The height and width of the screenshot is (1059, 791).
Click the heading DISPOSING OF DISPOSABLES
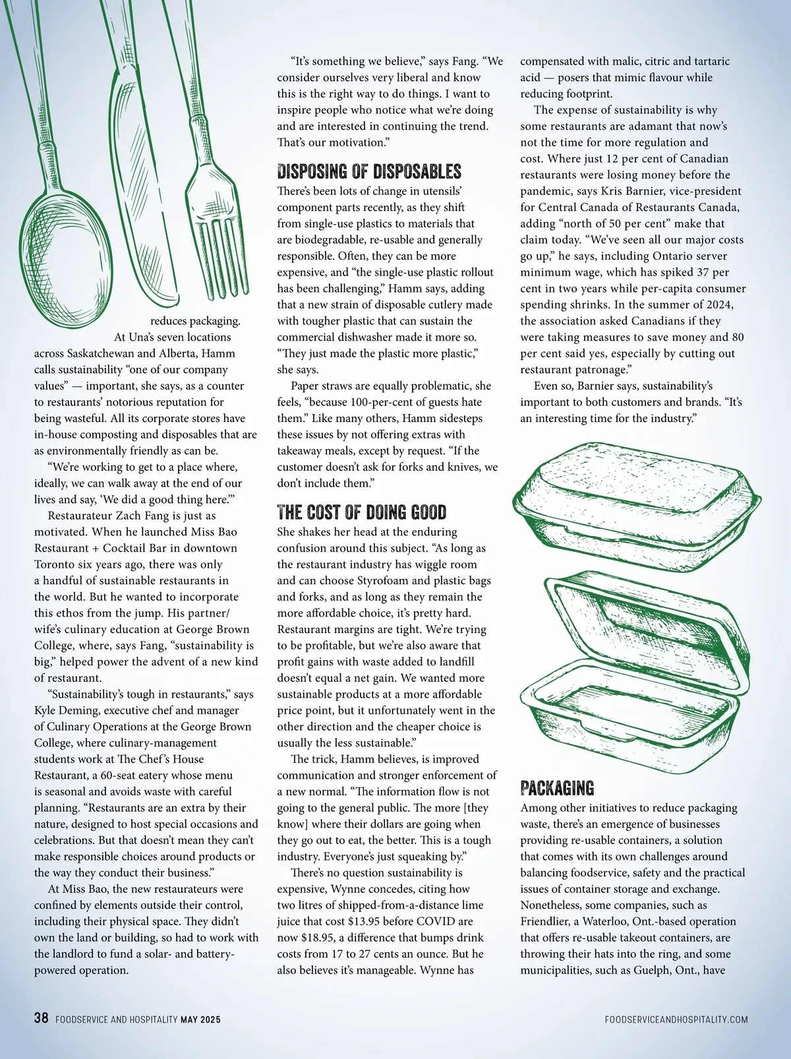click(x=368, y=172)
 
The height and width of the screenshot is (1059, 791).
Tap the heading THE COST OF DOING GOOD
click(x=361, y=512)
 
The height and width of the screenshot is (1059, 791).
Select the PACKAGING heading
click(x=557, y=788)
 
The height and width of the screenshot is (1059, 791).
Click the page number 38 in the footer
click(x=41, y=1018)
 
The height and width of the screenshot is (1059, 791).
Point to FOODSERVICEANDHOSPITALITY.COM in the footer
click(x=676, y=1019)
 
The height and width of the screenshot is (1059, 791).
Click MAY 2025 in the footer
click(x=200, y=1019)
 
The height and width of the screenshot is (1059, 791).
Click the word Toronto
click(x=55, y=564)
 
